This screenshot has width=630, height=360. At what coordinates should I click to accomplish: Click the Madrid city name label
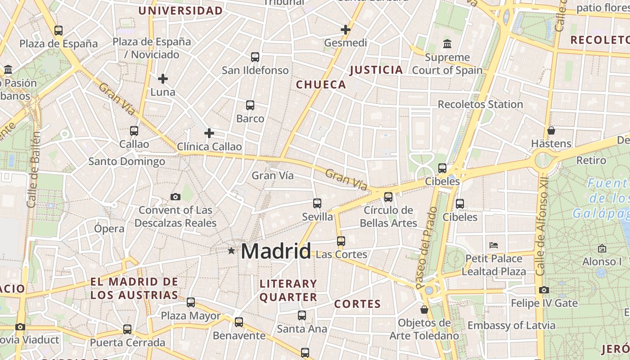pyautogui.click(x=276, y=251)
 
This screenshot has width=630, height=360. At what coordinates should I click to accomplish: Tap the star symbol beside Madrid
pyautogui.click(x=231, y=251)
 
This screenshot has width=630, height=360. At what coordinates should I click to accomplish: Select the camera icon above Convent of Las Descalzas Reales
pyautogui.click(x=175, y=197)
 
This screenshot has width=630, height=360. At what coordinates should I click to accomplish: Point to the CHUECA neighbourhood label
pyautogui.click(x=321, y=85)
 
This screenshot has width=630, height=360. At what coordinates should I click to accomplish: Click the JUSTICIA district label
pyautogui.click(x=376, y=70)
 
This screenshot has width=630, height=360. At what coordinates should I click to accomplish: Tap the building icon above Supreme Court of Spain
pyautogui.click(x=447, y=44)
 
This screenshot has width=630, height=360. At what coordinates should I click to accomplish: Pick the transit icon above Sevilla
pyautogui.click(x=317, y=203)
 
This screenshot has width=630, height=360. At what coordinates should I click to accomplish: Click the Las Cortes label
pyautogui.click(x=342, y=255)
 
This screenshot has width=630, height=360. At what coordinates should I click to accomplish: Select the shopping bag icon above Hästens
pyautogui.click(x=551, y=130)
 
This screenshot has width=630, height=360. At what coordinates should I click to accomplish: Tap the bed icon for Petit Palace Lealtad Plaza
pyautogui.click(x=494, y=245)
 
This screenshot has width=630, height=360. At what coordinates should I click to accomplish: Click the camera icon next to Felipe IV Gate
pyautogui.click(x=544, y=290)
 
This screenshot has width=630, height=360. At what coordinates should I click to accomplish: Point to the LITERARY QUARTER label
pyautogui.click(x=288, y=290)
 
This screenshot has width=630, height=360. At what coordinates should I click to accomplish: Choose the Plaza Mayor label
pyautogui.click(x=191, y=316)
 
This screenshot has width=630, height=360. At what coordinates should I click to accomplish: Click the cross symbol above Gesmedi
pyautogui.click(x=346, y=30)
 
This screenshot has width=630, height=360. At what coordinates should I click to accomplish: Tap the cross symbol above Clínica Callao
pyautogui.click(x=209, y=133)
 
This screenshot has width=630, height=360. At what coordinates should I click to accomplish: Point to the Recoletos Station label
pyautogui.click(x=480, y=104)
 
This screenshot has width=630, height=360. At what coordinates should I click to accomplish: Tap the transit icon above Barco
pyautogui.click(x=250, y=105)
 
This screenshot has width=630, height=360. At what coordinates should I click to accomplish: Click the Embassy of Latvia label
pyautogui.click(x=511, y=325)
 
